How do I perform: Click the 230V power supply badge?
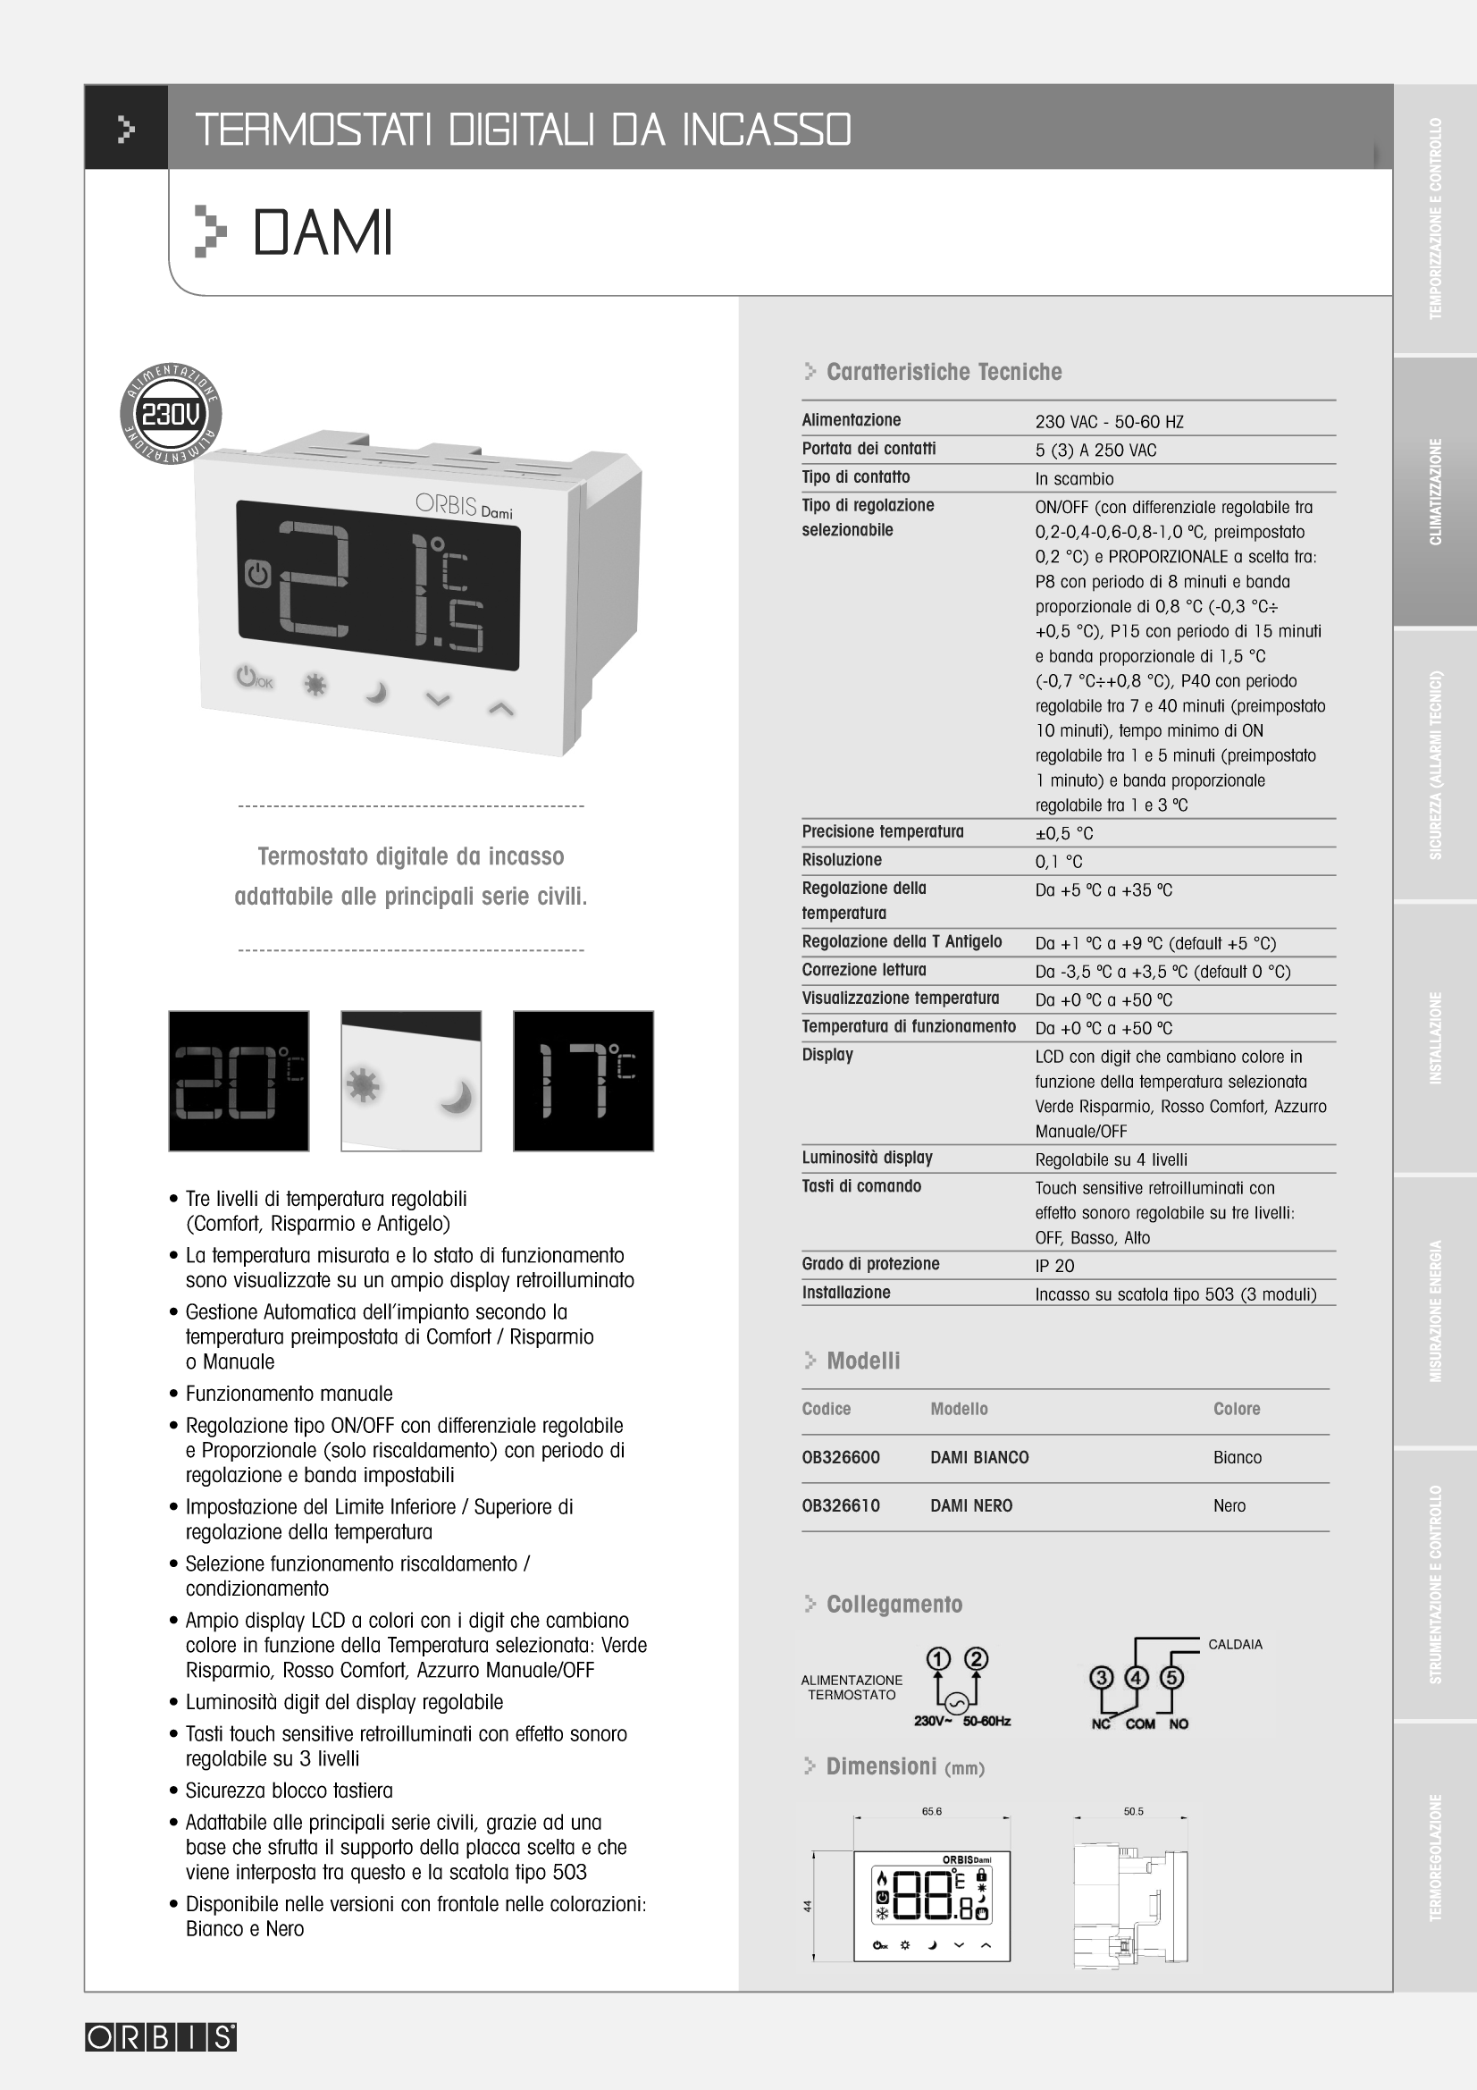(x=171, y=414)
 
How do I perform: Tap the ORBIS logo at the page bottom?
(x=161, y=2037)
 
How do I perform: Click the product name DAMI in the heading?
(x=323, y=233)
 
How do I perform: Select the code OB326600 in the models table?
(x=841, y=1457)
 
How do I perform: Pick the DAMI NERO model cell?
(x=971, y=1505)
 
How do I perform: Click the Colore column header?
(x=1236, y=1409)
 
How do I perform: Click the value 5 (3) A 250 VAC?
(x=1095, y=450)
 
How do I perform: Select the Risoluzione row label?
(x=842, y=859)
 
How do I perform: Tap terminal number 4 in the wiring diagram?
(x=1137, y=1678)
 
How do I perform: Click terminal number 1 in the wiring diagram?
(x=938, y=1659)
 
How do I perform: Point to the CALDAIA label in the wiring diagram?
(x=1235, y=1644)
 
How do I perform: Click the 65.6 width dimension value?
(x=931, y=1811)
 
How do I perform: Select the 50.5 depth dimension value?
(x=1133, y=1811)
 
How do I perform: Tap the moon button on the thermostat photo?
(x=376, y=694)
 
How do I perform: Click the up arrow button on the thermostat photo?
(x=501, y=708)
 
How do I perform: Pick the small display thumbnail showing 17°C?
(x=583, y=1081)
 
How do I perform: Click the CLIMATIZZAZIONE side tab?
(x=1435, y=492)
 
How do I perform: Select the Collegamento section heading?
(x=894, y=1604)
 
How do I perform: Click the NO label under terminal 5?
(x=1179, y=1723)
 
